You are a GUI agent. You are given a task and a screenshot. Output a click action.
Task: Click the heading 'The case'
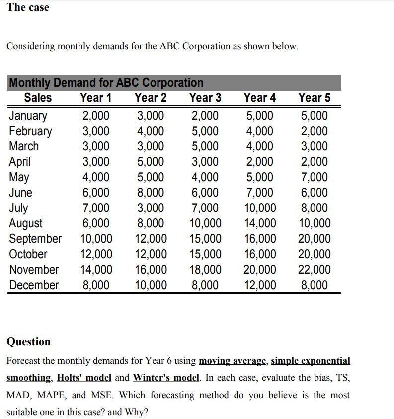[x=28, y=7]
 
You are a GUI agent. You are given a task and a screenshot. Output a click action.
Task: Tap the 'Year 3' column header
[x=205, y=98]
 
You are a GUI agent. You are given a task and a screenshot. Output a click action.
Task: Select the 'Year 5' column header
[x=314, y=98]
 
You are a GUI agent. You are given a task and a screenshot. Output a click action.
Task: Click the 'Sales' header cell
[x=38, y=98]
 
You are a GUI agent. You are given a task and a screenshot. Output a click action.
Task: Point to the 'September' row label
[x=35, y=238]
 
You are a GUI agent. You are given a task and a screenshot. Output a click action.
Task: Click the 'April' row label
[x=20, y=162]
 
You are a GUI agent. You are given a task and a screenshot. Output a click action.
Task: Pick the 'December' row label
[x=34, y=285]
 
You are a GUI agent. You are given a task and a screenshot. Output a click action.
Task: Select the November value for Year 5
[x=314, y=270]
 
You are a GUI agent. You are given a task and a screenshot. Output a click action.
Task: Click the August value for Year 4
[x=260, y=223]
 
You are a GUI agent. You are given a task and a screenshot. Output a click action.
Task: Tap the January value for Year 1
[x=96, y=116]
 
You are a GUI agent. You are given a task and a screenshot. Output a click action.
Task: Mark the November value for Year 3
[x=205, y=270]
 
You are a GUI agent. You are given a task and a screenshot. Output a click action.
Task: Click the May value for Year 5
[x=314, y=177]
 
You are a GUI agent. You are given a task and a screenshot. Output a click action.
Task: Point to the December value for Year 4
[x=260, y=285]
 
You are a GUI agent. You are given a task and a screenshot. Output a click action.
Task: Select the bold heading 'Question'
[x=28, y=341]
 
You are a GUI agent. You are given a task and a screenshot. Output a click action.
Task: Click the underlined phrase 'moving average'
[x=233, y=361]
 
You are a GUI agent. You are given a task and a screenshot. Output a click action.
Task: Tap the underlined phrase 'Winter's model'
[x=165, y=378]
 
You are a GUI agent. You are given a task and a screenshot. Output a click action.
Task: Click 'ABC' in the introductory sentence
[x=171, y=46]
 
